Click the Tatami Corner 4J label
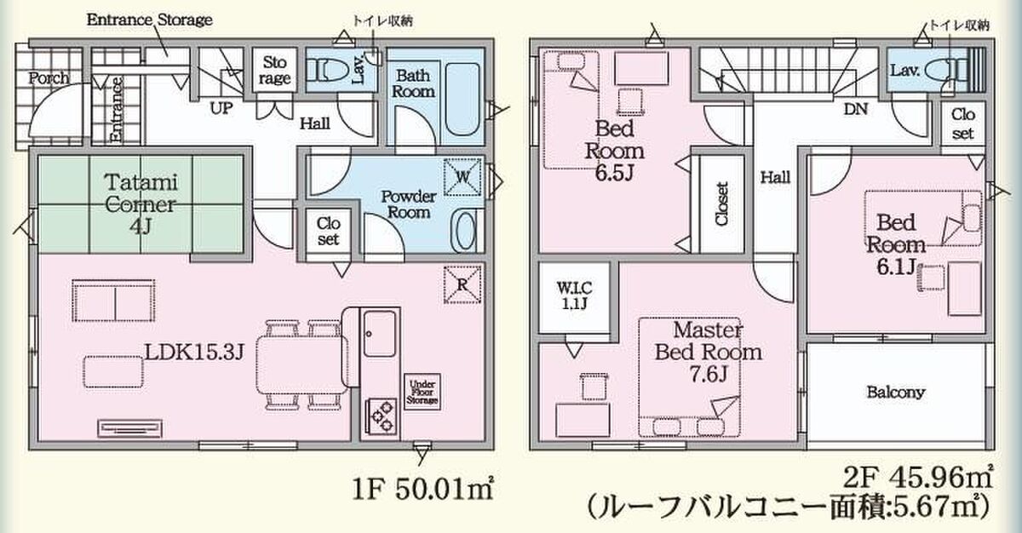point(141,203)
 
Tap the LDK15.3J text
point(195,352)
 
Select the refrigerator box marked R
point(462,285)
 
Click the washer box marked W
point(462,177)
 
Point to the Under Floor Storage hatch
point(422,392)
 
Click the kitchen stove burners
point(382,416)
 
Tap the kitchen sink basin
point(380,334)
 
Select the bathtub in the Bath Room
point(462,100)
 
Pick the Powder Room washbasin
point(466,232)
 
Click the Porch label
point(49,78)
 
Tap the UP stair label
point(221,108)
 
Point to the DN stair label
point(855,109)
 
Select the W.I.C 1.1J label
point(574,295)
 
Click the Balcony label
point(896,393)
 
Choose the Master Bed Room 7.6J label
point(708,352)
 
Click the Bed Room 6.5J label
point(615,151)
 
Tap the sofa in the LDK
point(113,301)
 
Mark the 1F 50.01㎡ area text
point(422,490)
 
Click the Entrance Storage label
point(149,20)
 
